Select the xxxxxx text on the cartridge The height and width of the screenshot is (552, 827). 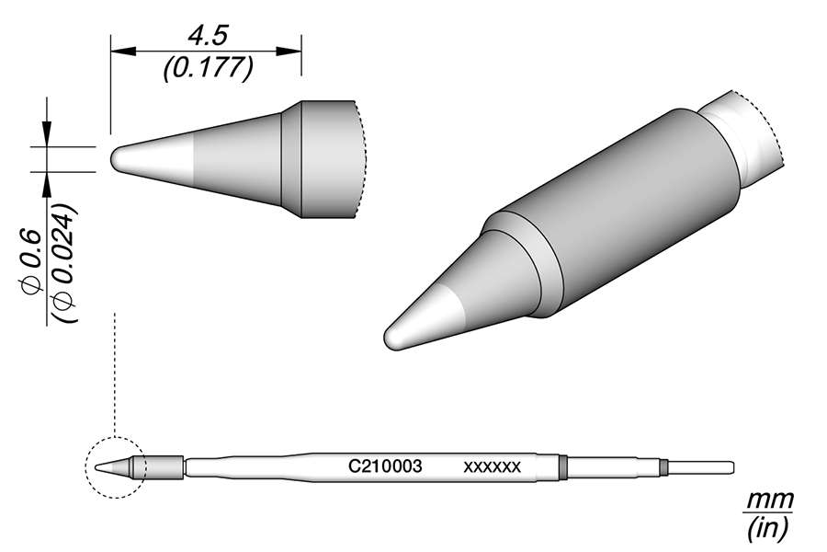pyautogui.click(x=493, y=467)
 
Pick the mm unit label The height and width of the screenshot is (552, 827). pyautogui.click(x=765, y=500)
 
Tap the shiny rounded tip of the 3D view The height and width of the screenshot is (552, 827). pyautogui.click(x=397, y=333)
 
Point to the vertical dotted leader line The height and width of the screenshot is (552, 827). pyautogui.click(x=113, y=368)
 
